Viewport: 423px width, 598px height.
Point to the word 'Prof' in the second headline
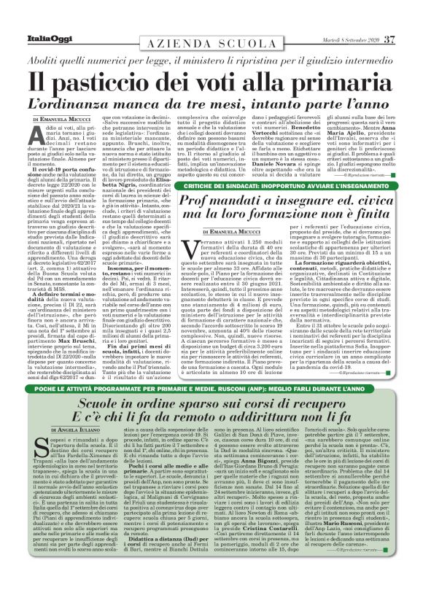pyautogui.click(x=195, y=182)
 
